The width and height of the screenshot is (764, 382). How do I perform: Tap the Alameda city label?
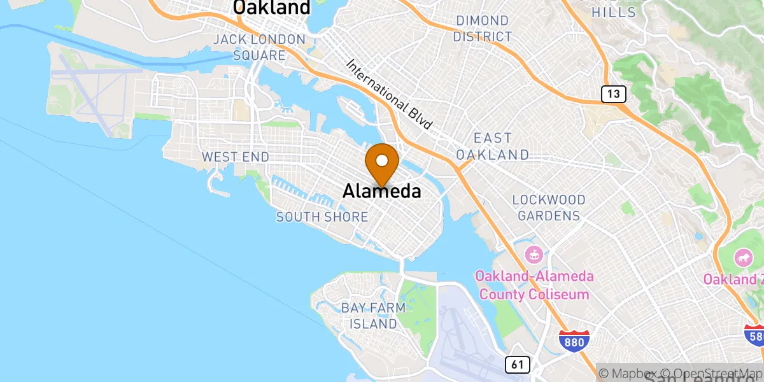[382, 191]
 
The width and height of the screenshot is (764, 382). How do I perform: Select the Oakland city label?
[272, 8]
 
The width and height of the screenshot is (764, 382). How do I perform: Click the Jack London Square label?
[259, 47]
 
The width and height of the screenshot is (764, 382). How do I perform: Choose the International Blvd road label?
[390, 95]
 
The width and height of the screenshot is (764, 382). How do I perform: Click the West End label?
[235, 157]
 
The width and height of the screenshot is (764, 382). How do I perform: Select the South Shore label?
[322, 217]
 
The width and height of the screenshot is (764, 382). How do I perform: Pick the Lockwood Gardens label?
[548, 208]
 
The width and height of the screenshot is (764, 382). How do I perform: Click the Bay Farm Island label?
[373, 316]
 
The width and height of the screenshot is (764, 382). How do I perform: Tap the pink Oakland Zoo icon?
[743, 258]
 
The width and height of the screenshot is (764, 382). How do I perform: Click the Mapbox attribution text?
[630, 372]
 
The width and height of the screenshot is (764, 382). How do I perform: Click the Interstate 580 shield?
[754, 334]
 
